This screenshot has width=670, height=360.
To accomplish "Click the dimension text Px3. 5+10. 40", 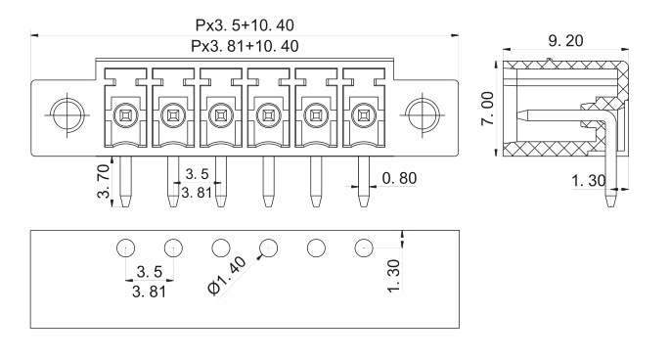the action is pos(245,25).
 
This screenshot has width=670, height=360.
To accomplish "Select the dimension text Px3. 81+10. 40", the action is pos(245,46).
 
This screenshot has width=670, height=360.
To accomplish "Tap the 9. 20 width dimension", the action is pos(565,41).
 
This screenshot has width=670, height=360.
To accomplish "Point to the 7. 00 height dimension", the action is pos(487,109).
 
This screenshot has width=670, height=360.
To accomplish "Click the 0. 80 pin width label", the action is pos(399,178).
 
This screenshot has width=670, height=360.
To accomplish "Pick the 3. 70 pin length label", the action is pos(104,182).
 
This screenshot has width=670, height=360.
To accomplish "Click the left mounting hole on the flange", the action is pos(67,114).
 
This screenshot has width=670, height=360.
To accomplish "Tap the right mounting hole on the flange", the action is pos(423,114).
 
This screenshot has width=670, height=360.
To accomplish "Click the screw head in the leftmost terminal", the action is pos(125,115).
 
